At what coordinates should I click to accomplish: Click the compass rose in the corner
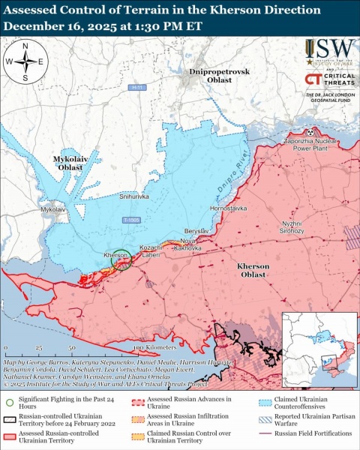(x=25, y=61)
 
